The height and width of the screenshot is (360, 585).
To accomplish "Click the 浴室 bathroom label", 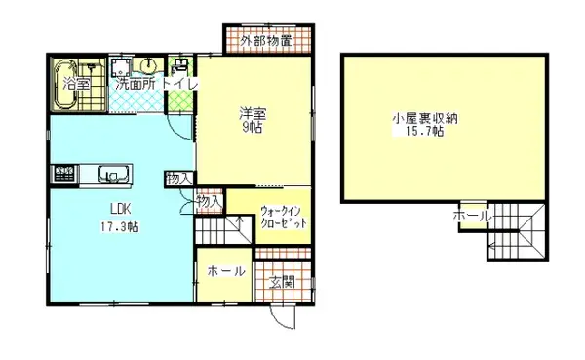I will (77, 85).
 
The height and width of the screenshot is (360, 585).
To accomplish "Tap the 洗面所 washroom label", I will (135, 85).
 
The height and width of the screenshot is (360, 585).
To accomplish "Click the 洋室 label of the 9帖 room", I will (252, 113).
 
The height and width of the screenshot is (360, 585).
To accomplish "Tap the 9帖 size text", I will (252, 127).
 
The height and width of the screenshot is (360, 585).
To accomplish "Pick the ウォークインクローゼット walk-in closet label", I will (284, 217).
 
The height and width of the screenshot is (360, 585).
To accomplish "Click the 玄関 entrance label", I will (282, 282).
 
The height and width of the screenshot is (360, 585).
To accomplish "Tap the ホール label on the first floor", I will (226, 271).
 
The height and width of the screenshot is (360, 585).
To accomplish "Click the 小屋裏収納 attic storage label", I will (425, 118).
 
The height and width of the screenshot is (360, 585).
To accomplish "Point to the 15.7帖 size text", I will (425, 133).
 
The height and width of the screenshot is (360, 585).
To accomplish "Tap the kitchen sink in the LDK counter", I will (114, 176).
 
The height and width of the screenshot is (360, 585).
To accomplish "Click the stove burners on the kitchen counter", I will (63, 175).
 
